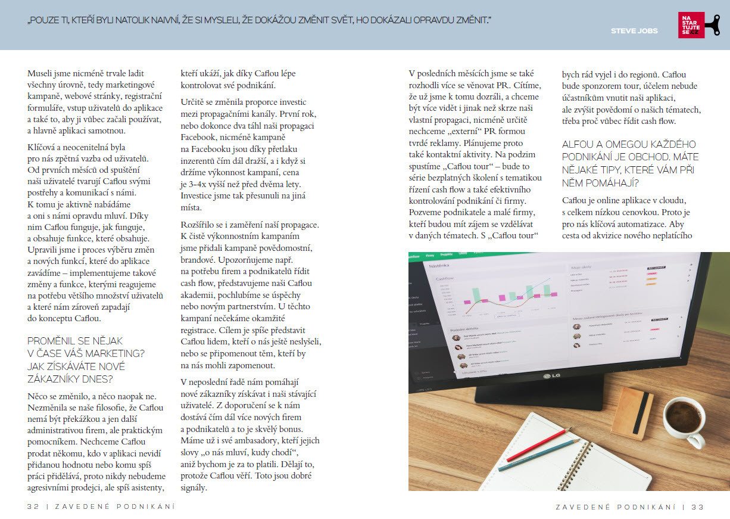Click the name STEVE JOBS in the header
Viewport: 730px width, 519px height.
pos(634,30)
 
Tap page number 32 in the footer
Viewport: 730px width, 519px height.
pos(33,506)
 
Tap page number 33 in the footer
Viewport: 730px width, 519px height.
pos(698,506)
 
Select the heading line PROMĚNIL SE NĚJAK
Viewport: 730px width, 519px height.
pos(75,341)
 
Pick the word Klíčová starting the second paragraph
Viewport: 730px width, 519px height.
pos(43,147)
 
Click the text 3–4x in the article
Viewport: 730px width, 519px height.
pos(200,184)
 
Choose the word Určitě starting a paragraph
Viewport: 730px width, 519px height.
pos(194,102)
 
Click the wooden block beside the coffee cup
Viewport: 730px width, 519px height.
pos(632,413)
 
